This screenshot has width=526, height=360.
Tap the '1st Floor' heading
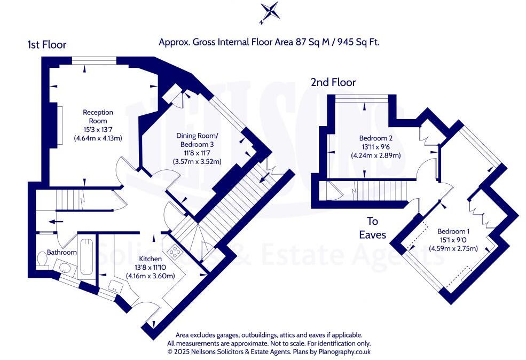47,45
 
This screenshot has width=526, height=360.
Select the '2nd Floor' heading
333,82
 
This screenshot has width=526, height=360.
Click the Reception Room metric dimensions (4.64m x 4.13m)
98,138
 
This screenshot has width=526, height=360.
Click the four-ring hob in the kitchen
174,251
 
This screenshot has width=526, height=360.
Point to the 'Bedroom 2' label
375,138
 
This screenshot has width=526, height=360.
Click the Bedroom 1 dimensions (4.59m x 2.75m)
453,248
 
